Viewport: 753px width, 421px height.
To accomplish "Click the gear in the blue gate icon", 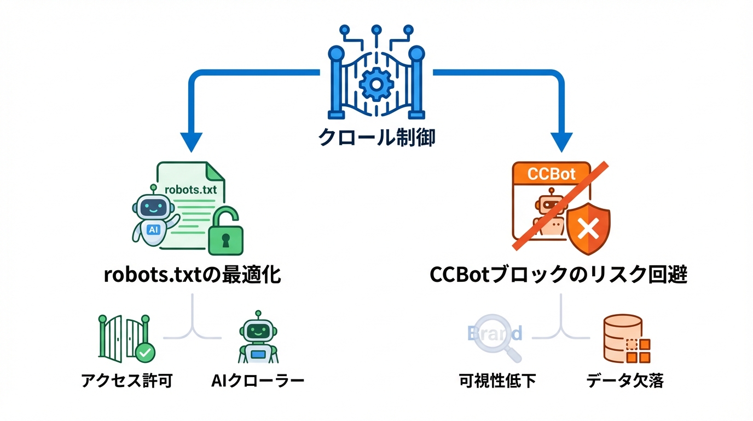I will pos(376,83).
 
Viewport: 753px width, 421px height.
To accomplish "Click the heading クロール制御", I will pos(376,137).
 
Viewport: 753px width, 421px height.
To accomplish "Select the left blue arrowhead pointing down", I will pos(191,141).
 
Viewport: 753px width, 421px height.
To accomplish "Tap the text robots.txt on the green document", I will pos(190,190).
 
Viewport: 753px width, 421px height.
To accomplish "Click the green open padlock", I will pos(225,234).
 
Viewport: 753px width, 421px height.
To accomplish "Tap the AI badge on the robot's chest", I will pos(153,230).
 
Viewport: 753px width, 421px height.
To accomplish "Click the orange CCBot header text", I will pos(551,174).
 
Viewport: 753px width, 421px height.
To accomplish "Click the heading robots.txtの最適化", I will pos(192,275).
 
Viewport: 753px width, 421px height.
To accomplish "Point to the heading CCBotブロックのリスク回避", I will pos(558,275).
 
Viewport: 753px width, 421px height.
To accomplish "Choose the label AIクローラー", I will pos(257,381).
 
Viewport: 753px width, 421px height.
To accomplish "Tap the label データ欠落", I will pos(625,381).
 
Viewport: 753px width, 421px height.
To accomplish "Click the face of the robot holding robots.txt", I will pos(152,207).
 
